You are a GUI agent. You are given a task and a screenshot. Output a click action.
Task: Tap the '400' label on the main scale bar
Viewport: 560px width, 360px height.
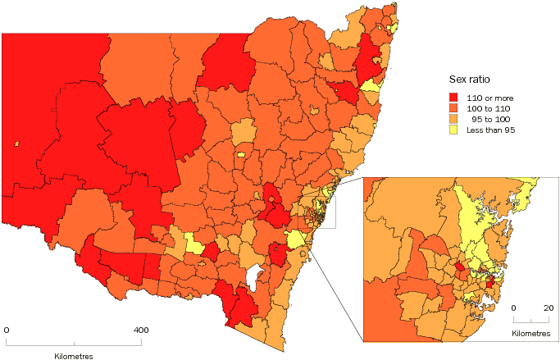[141, 330]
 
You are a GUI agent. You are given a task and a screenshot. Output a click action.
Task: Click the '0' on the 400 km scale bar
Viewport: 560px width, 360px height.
[7, 330]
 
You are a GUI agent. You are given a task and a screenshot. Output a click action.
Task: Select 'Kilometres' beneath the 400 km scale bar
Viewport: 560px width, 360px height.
[74, 356]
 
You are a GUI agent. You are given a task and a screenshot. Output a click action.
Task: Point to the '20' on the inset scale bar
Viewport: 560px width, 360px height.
[546, 308]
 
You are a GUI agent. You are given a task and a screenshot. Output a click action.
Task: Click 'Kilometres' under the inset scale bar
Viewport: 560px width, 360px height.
[531, 334]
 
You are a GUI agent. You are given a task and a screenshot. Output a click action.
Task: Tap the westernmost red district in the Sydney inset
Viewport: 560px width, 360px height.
[461, 267]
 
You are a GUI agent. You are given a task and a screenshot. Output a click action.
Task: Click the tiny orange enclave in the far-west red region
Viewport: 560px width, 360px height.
[16, 144]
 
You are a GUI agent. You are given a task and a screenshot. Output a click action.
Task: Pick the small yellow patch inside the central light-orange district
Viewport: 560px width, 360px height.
[241, 153]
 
